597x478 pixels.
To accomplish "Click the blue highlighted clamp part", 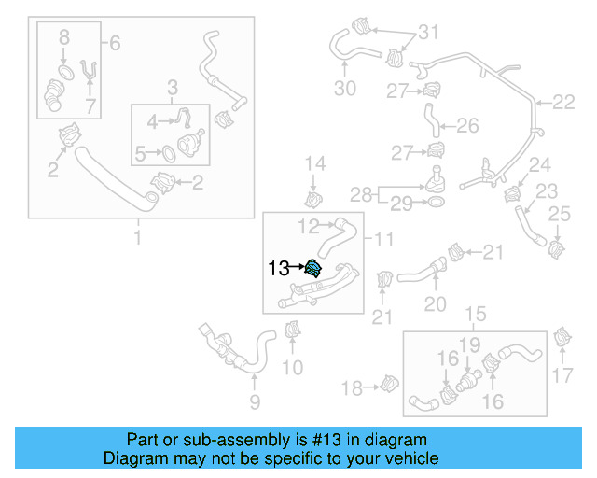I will [x=313, y=269].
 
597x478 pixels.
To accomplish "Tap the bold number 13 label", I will [x=279, y=269].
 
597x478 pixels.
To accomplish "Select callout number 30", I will [x=345, y=90].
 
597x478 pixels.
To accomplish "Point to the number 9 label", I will [x=255, y=402].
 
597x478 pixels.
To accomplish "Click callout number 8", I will [x=64, y=38].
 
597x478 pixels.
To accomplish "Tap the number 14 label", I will [x=316, y=164].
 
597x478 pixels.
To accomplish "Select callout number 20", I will [x=436, y=303].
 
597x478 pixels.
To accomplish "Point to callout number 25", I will [x=559, y=217].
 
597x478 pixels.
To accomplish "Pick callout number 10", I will [x=293, y=368].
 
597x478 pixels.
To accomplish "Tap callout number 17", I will [x=563, y=376].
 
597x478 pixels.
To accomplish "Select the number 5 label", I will [x=141, y=154].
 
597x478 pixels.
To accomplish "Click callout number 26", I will [x=467, y=125].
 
